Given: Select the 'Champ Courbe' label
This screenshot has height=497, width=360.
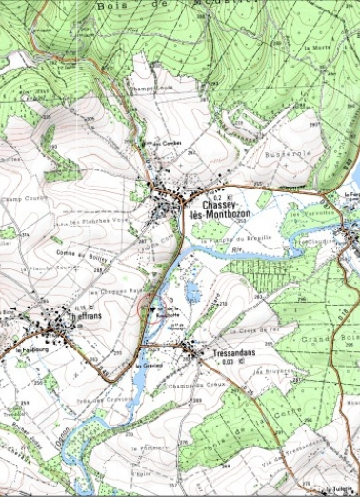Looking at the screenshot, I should [x=29, y=200].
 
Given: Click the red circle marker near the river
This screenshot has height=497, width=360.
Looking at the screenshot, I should [x=144, y=307].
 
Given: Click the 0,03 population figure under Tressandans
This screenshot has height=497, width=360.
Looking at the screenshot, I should [x=226, y=363].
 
